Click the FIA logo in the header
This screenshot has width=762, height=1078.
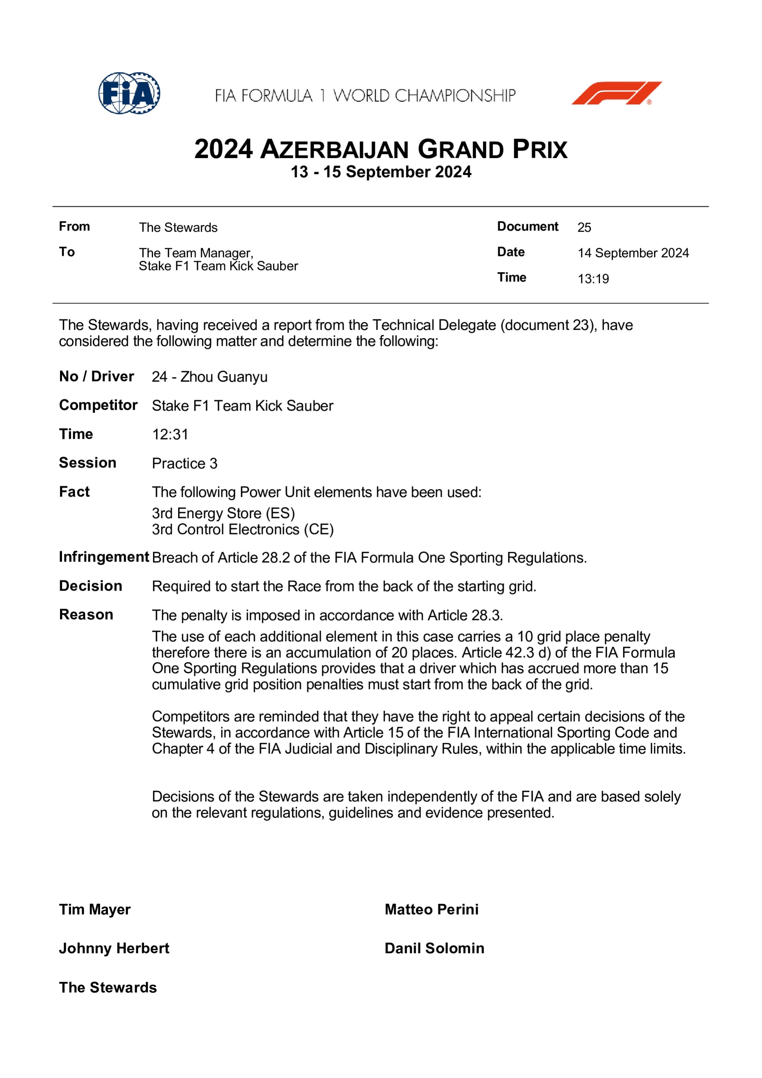[x=129, y=93]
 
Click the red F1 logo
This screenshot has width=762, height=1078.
[x=616, y=93]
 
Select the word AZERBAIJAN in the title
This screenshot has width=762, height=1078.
[x=334, y=150]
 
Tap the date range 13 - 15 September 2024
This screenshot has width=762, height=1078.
[x=381, y=172]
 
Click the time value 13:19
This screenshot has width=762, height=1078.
[x=593, y=279]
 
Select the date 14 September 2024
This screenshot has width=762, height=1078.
[x=633, y=253]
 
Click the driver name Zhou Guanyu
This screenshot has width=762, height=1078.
[x=224, y=377]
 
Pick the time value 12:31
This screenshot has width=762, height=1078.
[x=170, y=435]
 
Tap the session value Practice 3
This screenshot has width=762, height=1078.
[x=184, y=464]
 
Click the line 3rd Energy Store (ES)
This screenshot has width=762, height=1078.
[x=223, y=513]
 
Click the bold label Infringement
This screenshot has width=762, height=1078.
[x=104, y=557]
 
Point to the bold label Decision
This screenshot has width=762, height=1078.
[x=91, y=586]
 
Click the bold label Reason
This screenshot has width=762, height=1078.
[x=86, y=614]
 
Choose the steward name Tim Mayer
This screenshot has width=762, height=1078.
[x=95, y=909]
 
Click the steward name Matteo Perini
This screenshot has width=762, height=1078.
[x=431, y=909]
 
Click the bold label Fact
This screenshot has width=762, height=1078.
[x=74, y=492]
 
